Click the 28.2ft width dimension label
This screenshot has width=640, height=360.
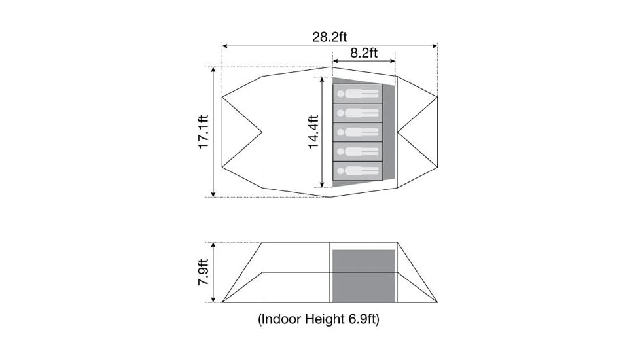click(330, 37)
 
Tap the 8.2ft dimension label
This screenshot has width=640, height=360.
click(364, 52)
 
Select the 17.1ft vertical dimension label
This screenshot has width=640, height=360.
click(204, 132)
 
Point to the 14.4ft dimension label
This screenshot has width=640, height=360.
click(313, 132)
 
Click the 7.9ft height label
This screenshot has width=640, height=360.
click(204, 272)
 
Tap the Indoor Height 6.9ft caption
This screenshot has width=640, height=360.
click(319, 319)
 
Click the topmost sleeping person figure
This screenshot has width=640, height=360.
click(358, 94)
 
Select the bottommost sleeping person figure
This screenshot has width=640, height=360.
click(358, 171)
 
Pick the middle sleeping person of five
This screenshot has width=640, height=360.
click(358, 132)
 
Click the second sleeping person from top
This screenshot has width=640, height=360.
click(358, 113)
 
